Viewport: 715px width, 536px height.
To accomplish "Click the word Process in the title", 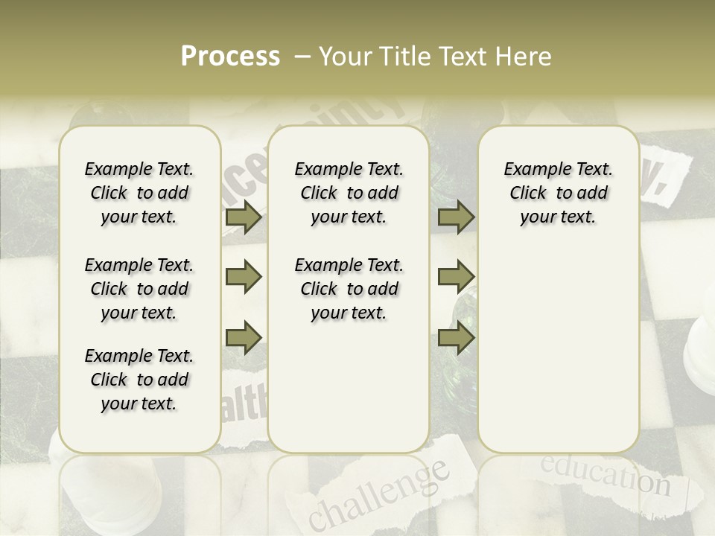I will [x=230, y=57].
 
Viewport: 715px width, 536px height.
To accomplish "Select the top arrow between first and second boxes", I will [x=244, y=217].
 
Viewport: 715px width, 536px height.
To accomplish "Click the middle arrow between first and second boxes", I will [x=244, y=278].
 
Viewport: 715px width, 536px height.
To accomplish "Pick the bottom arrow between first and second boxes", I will [x=244, y=337].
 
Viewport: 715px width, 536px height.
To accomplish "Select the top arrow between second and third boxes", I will [x=456, y=217].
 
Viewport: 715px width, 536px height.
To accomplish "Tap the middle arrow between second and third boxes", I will [x=456, y=278].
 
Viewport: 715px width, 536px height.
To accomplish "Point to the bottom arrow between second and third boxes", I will [x=456, y=337].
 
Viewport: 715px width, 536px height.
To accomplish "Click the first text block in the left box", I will [x=139, y=193].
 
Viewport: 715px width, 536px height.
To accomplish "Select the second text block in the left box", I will [x=139, y=289].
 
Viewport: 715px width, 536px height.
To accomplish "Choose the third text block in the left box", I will [x=139, y=380].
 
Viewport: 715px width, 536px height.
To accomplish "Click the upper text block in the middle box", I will [x=349, y=193].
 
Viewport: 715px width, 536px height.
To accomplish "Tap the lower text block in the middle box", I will [x=349, y=289].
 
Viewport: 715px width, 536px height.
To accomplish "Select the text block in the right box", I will [x=558, y=193].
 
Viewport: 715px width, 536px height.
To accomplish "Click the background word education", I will [x=604, y=476].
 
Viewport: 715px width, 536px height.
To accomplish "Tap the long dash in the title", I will [x=302, y=57].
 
